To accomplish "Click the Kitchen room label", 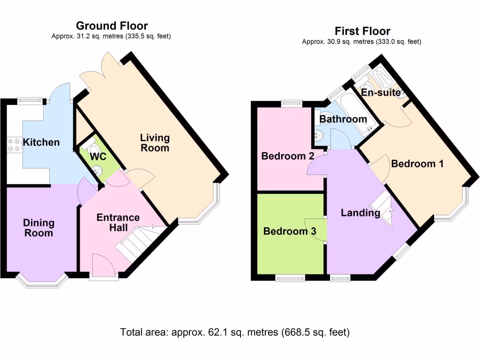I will [x=42, y=142].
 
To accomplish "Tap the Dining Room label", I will [x=39, y=228].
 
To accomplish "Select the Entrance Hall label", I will [x=118, y=222].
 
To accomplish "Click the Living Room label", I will [x=155, y=142].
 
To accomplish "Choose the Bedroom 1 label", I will [x=417, y=164].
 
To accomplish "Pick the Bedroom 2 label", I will [x=288, y=156].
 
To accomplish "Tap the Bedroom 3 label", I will [x=290, y=231].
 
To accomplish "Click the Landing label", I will [x=360, y=213].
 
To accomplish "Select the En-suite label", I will [x=381, y=92].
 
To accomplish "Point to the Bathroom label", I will [x=343, y=119].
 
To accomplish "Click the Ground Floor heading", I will [x=112, y=26].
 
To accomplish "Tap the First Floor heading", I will [x=362, y=31].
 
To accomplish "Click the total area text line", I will [x=235, y=333].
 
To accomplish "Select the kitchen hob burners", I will [x=14, y=144].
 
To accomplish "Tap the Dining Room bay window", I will [x=43, y=281].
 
